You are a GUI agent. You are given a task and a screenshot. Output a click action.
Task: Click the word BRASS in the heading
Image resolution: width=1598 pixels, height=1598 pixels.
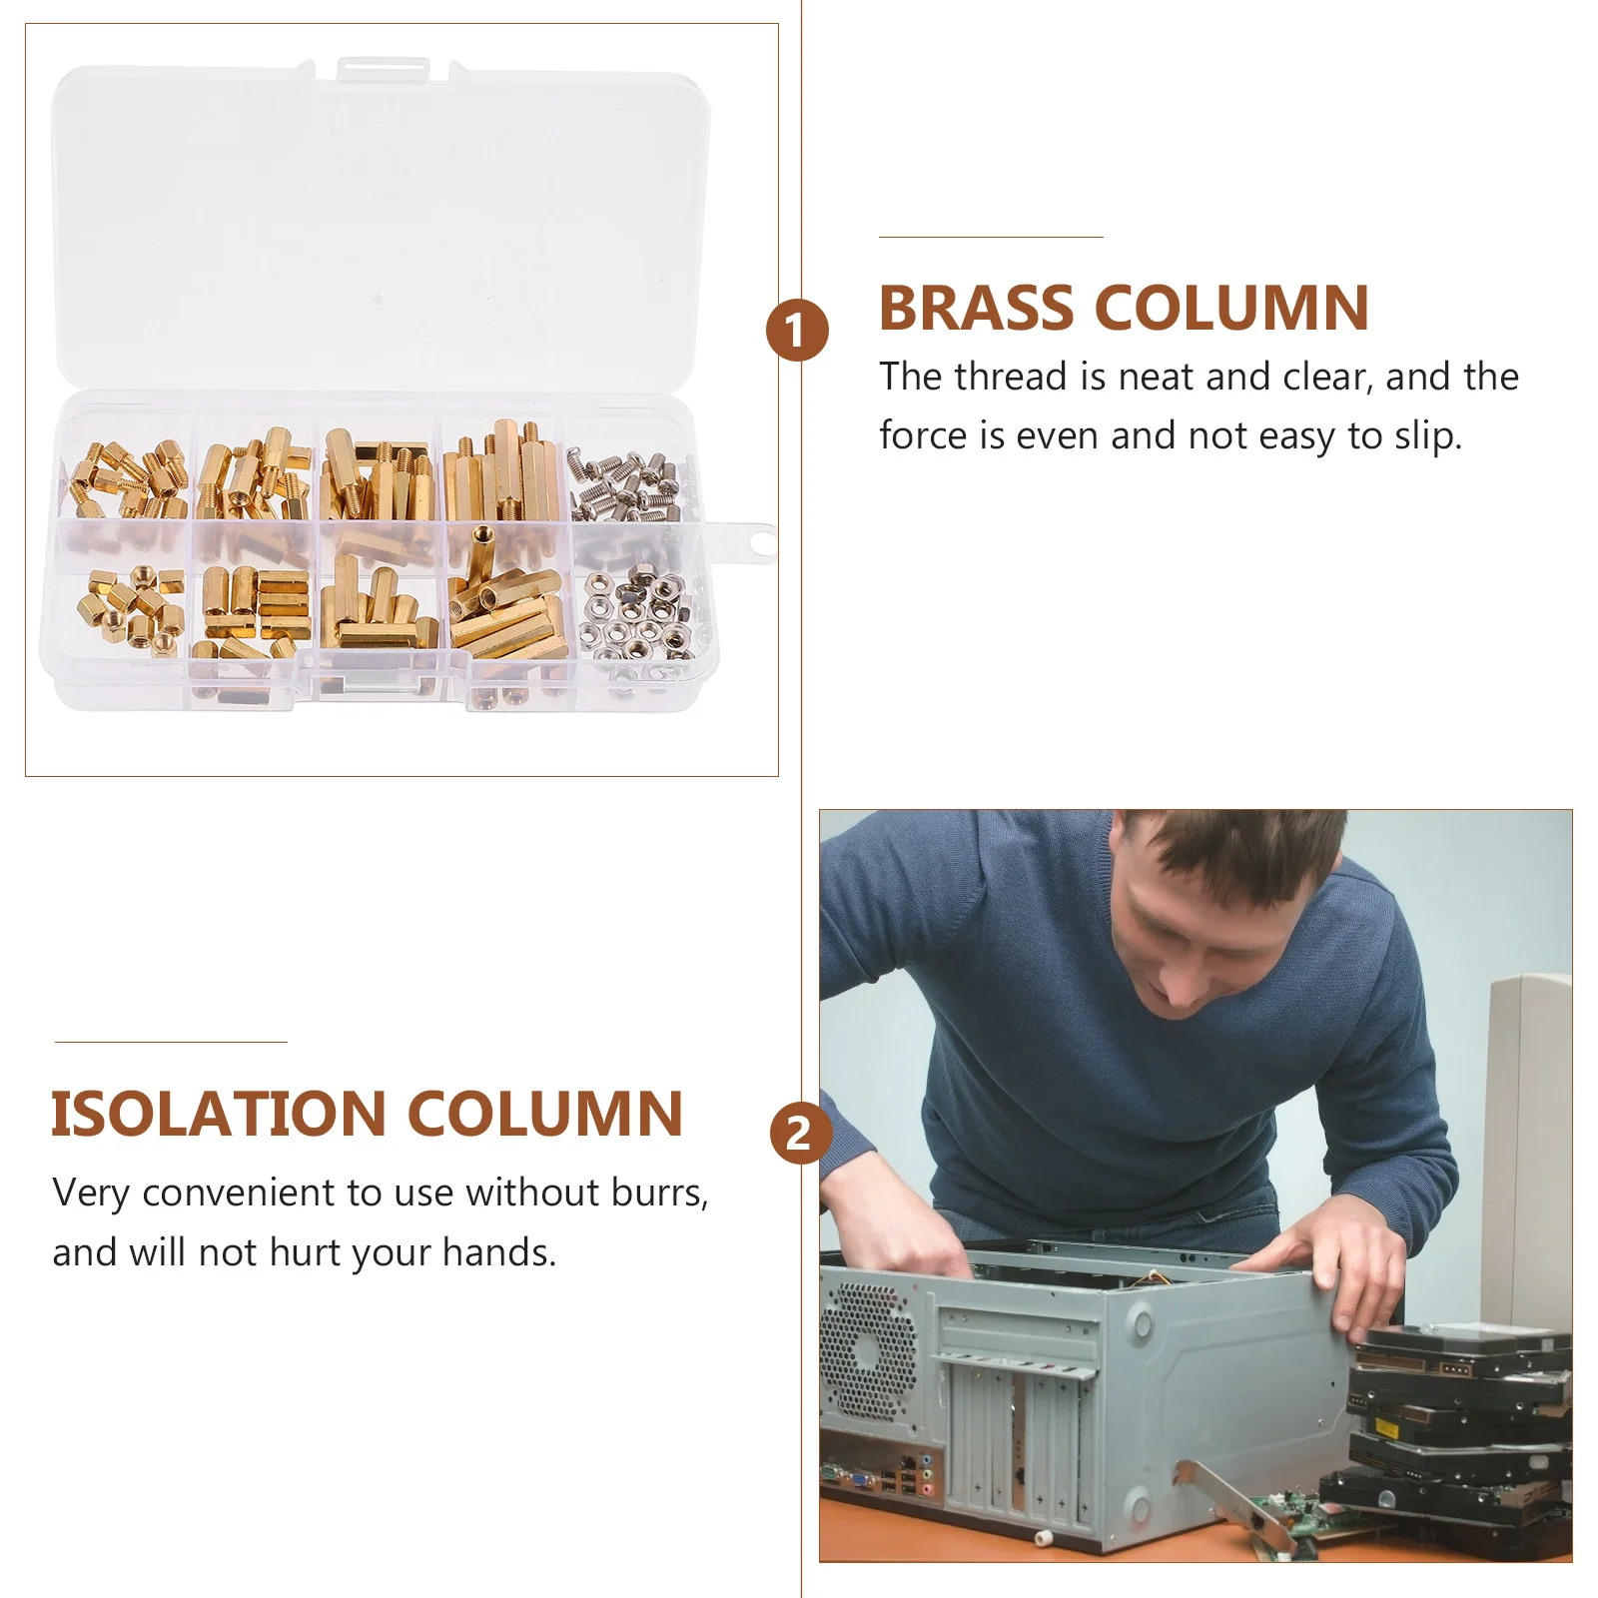pos(976,309)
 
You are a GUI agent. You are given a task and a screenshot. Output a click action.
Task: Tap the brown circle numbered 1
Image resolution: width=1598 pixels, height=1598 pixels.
pos(797,331)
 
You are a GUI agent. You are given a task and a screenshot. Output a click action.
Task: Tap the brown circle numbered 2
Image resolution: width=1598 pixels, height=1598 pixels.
pos(799,1134)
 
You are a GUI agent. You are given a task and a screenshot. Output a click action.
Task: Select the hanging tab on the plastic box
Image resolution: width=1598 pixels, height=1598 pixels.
pos(755,542)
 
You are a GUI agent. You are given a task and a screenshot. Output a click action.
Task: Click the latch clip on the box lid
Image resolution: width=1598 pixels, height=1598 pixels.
pos(382,69)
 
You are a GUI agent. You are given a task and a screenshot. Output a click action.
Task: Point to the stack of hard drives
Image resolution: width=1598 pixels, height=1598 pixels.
pos(1458,1428)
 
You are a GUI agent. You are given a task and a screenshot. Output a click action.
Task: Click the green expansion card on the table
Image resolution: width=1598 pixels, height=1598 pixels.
pos(1288,1518)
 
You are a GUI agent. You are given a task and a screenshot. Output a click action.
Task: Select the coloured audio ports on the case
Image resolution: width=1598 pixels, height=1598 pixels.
pos(928,1478)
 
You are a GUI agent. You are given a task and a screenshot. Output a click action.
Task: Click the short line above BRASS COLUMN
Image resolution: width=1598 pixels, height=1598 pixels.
pos(990,238)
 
